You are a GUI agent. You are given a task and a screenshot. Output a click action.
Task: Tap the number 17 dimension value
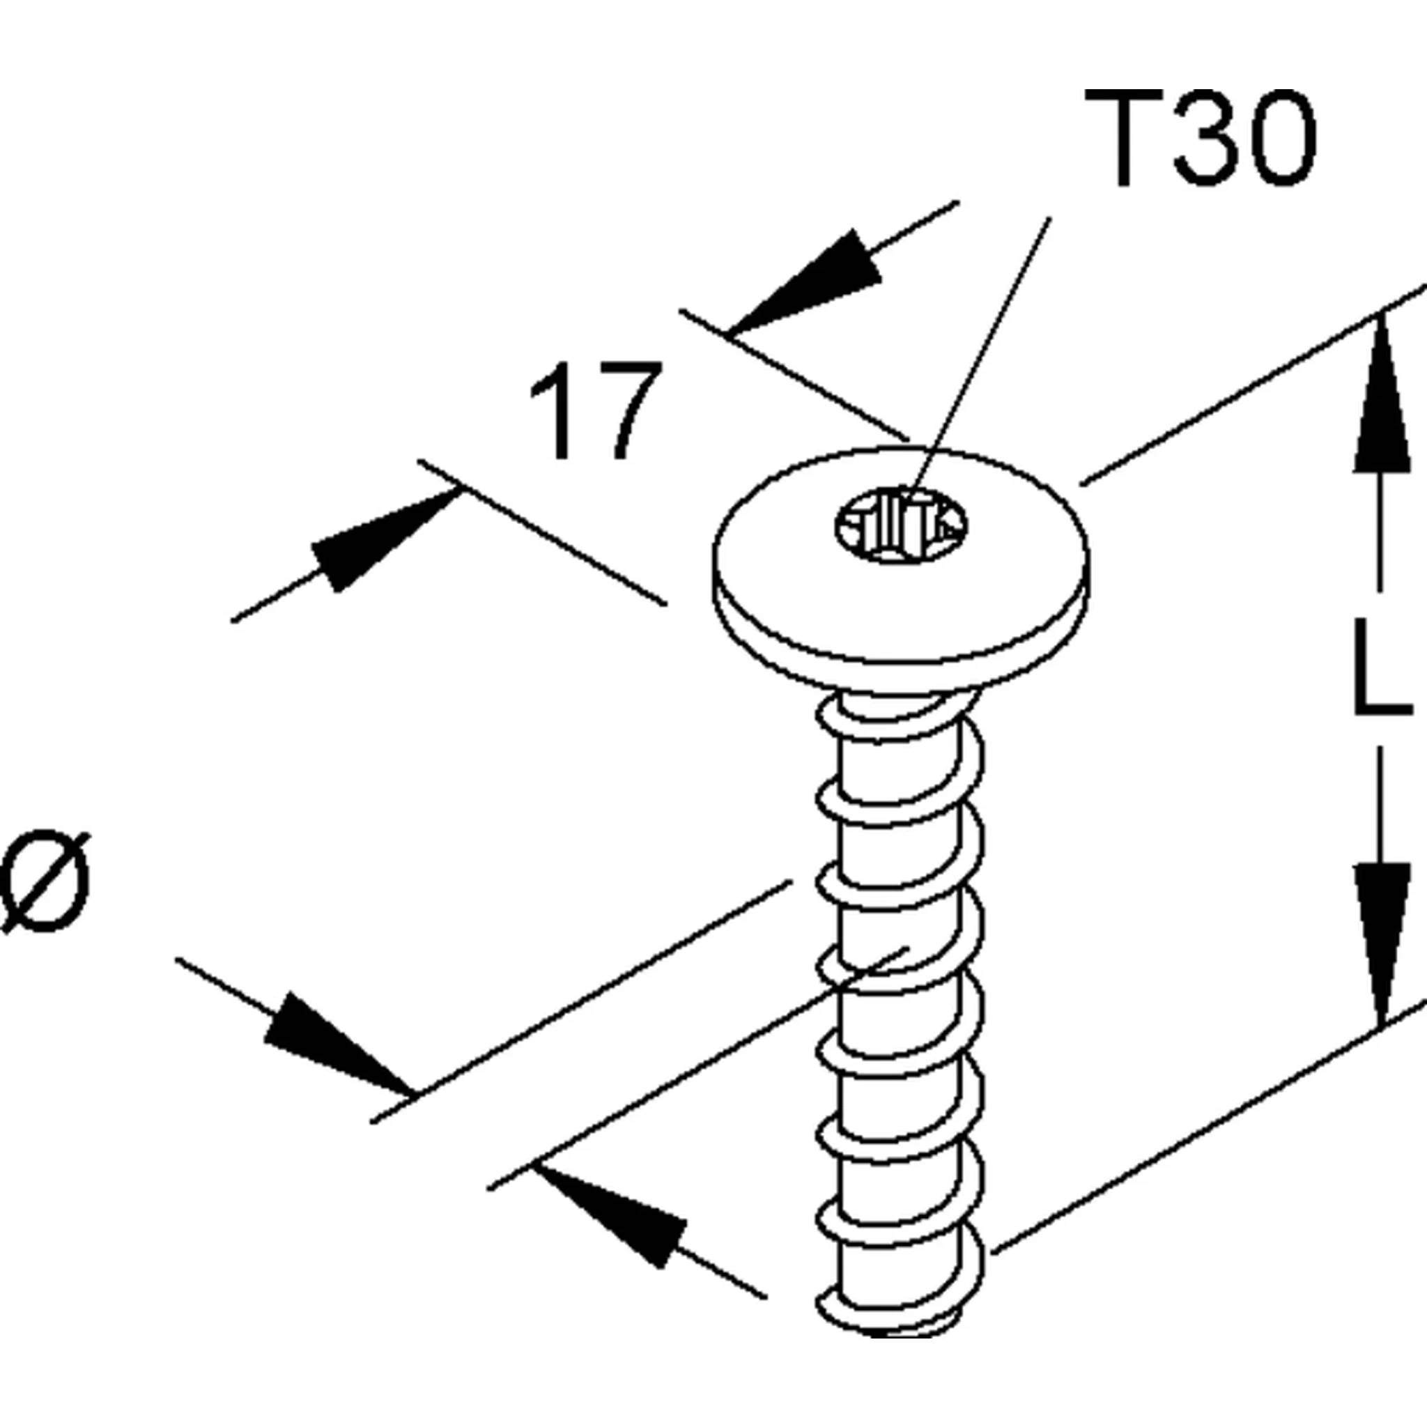[596, 410]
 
